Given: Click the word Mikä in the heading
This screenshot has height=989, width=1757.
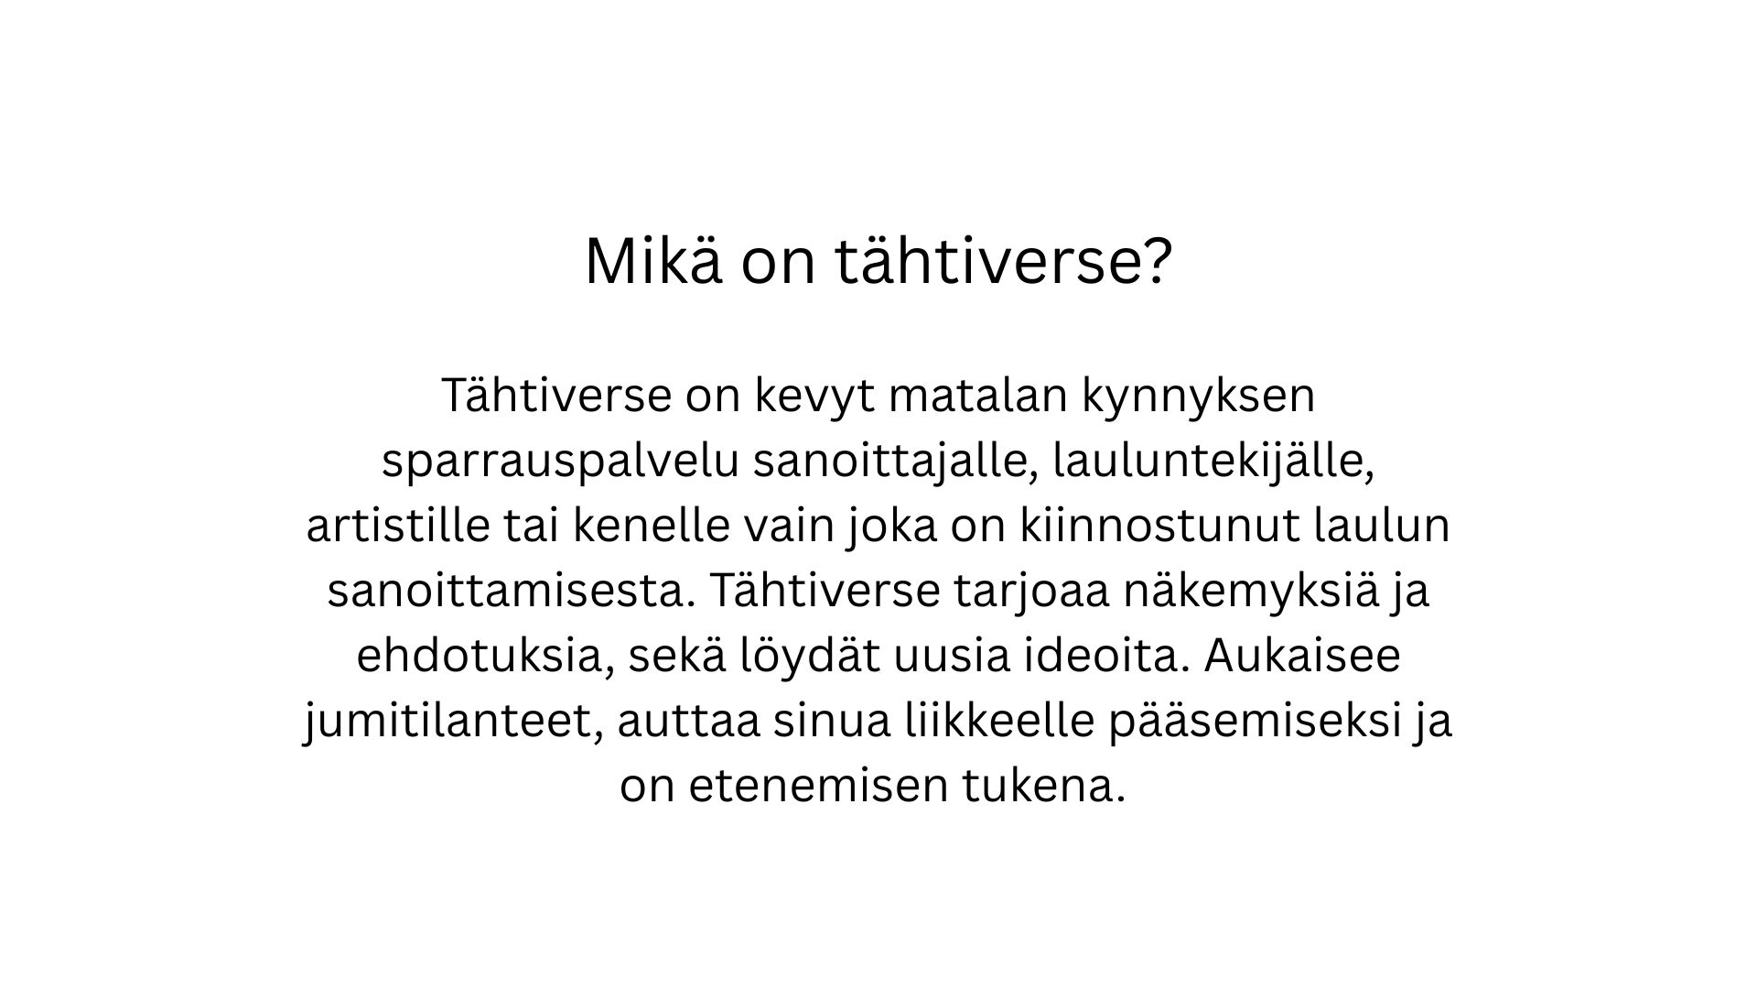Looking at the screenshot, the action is (652, 261).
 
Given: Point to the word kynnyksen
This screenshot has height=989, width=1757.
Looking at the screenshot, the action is (1198, 396).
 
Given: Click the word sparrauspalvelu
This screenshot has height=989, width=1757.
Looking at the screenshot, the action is (561, 462).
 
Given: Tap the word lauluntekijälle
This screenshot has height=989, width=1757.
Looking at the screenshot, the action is (1214, 461).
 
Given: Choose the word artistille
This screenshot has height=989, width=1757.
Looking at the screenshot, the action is (398, 526).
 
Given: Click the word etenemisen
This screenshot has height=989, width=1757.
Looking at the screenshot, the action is (817, 788).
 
